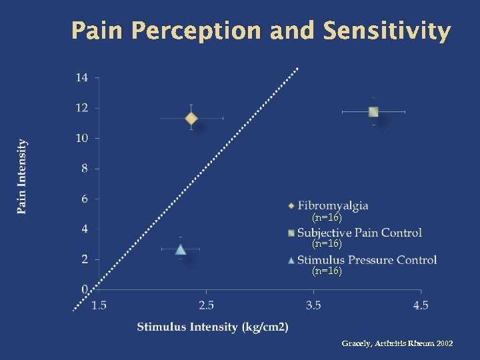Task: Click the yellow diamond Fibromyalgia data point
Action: [x=191, y=119]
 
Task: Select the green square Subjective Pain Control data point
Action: [x=373, y=112]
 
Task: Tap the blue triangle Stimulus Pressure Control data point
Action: [x=181, y=249]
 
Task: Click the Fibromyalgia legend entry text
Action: [x=333, y=205]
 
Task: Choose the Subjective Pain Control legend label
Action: [x=359, y=233]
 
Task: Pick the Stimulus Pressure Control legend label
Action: [x=367, y=260]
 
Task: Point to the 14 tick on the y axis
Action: [x=81, y=77]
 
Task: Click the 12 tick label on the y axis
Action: [x=81, y=108]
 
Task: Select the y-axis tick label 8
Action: [x=84, y=169]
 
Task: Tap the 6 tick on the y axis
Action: [x=84, y=199]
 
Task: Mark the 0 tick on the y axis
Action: [x=84, y=289]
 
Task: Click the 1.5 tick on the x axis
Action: [x=99, y=305]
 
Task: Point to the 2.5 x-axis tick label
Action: [x=206, y=305]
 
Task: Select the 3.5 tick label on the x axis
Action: [x=313, y=305]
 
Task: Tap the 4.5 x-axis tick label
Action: [x=421, y=305]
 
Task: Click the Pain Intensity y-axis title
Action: [x=23, y=177]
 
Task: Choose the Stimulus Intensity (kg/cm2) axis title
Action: [x=213, y=327]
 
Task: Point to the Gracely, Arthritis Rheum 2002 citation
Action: [x=397, y=343]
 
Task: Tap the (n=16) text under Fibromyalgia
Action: [x=327, y=218]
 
